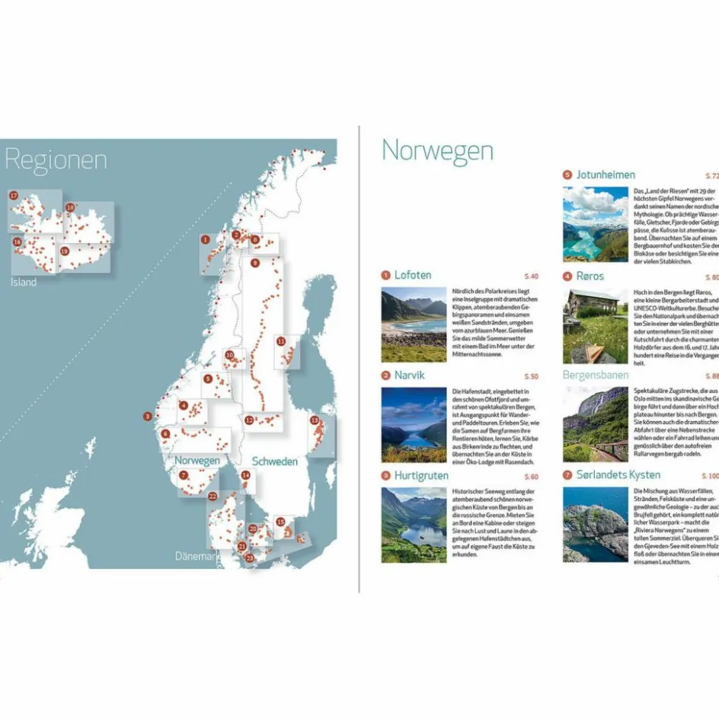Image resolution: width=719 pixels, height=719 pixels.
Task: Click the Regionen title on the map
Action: (56, 160)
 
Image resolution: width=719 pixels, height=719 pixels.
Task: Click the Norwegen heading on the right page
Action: (436, 150)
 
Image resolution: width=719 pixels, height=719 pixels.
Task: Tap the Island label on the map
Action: (23, 282)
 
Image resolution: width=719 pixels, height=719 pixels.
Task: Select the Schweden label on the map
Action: (275, 462)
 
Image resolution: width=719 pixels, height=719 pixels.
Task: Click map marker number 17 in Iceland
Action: (14, 196)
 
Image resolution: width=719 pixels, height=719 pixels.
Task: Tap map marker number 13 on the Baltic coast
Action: (314, 420)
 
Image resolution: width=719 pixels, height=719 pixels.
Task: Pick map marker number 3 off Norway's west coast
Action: (147, 416)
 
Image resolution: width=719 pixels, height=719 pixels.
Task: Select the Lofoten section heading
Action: (413, 275)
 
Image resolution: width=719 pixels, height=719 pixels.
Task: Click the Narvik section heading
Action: (410, 375)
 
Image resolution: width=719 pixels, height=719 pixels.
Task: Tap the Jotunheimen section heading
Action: (606, 174)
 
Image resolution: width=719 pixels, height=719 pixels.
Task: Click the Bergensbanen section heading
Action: (596, 375)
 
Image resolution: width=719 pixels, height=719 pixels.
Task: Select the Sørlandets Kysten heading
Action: (618, 475)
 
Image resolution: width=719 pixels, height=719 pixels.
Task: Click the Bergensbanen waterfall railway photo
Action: (596, 424)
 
